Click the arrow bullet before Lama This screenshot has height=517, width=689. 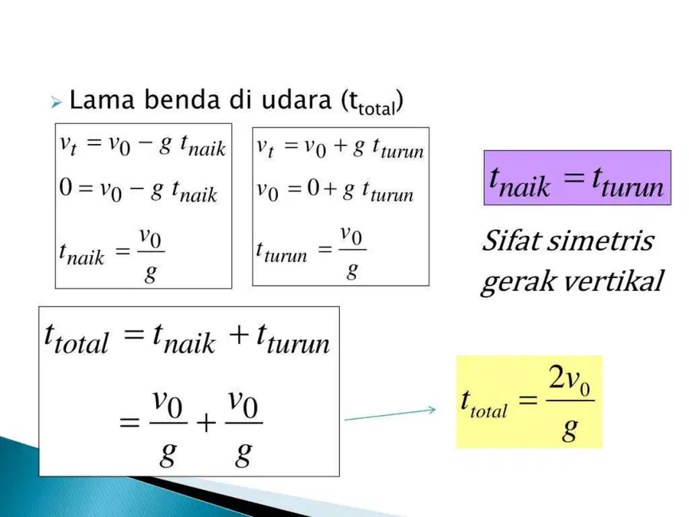(x=56, y=103)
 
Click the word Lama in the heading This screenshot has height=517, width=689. (x=102, y=100)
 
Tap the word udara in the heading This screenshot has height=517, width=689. (x=296, y=100)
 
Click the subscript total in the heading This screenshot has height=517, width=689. (x=377, y=108)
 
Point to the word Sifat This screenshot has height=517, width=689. (x=511, y=241)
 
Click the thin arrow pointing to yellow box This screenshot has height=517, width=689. (x=390, y=414)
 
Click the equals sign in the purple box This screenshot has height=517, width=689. (x=575, y=178)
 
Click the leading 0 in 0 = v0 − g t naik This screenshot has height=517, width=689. (x=66, y=187)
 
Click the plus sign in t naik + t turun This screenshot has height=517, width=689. (x=239, y=335)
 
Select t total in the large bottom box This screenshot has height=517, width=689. (x=76, y=339)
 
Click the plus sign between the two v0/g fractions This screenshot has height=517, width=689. (x=206, y=423)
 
